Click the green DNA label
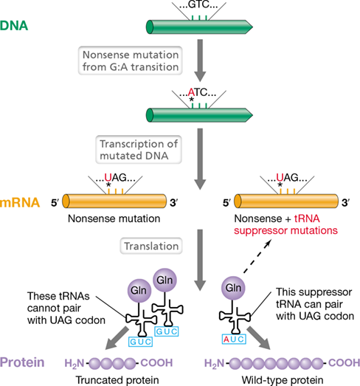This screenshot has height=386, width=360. [14, 26]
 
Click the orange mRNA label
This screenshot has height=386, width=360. [20, 203]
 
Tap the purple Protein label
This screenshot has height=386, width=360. [22, 362]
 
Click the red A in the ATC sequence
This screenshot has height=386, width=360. [191, 92]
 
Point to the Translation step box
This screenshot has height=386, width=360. [151, 246]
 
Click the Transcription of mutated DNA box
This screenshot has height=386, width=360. [139, 150]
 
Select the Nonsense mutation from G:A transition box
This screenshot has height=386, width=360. [131, 61]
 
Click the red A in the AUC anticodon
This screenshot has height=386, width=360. [226, 340]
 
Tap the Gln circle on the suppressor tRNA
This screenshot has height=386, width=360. [233, 288]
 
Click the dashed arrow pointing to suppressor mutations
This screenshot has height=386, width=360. [257, 257]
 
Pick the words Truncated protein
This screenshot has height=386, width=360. [117, 380]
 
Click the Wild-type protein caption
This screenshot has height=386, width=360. [283, 380]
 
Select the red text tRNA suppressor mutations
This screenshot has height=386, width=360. [286, 224]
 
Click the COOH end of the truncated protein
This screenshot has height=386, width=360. [156, 362]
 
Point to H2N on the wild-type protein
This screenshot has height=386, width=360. [215, 363]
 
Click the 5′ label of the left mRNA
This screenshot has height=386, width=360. [55, 203]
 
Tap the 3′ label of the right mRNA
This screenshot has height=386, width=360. [346, 203]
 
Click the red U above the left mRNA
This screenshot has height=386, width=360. [108, 177]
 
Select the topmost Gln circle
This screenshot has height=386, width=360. [165, 280]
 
